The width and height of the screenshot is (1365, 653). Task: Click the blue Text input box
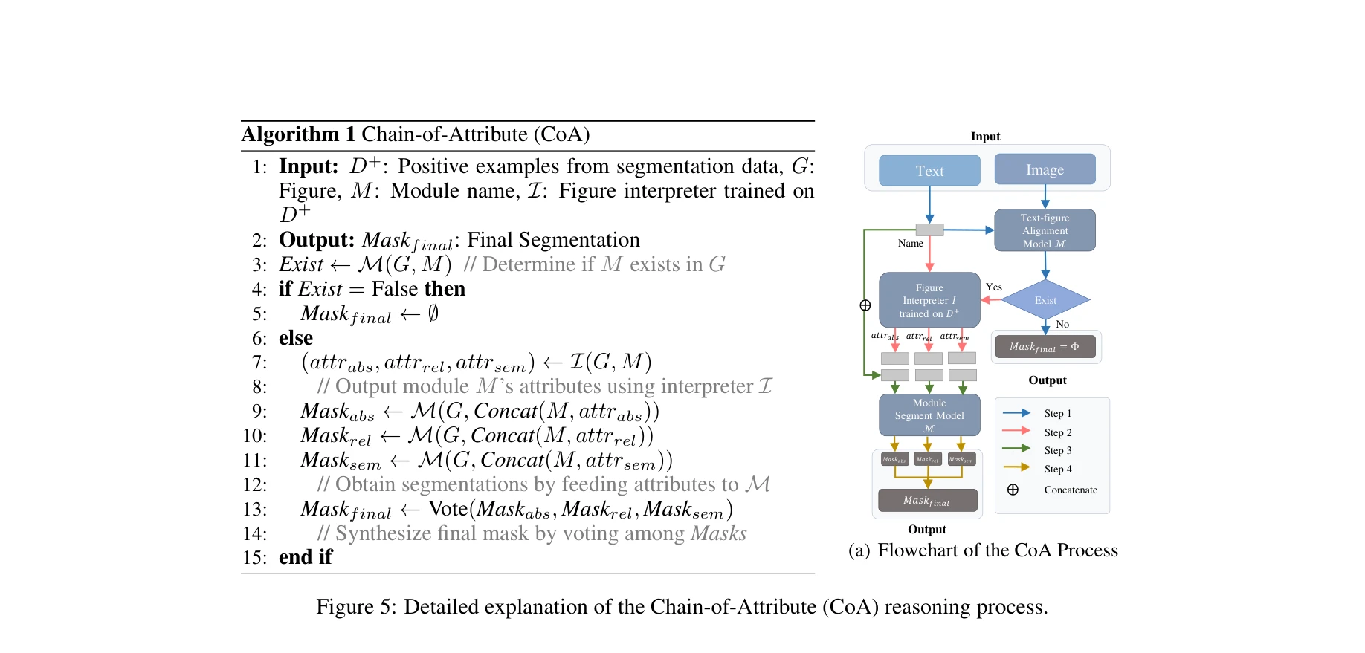[x=929, y=171]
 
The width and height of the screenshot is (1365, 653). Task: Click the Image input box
[x=1045, y=169]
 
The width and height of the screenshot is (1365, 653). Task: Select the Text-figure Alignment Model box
[x=1045, y=230]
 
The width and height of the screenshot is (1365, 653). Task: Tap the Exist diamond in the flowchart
[x=1045, y=300]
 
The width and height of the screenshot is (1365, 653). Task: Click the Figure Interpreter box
[x=929, y=300]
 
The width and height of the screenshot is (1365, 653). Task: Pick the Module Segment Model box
[x=929, y=415]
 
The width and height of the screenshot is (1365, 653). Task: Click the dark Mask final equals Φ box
[x=1045, y=347]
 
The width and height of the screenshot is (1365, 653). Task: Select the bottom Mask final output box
[x=927, y=501]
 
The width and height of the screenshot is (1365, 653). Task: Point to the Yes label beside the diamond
[x=994, y=287]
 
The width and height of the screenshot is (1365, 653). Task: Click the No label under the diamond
[x=1062, y=324]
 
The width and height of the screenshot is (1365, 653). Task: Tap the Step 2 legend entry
[x=1058, y=432]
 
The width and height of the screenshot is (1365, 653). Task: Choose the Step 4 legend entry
[x=1058, y=469]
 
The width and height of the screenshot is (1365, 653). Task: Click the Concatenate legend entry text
[x=1071, y=490]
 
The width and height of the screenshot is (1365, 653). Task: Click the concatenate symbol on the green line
[x=865, y=305]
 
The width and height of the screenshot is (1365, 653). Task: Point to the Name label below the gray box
[x=910, y=243]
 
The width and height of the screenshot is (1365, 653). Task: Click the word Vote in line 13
[x=448, y=509]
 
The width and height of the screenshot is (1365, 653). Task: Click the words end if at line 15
[x=306, y=557]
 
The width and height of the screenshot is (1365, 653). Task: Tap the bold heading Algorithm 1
[x=298, y=134]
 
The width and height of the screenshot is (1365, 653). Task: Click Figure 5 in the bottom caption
[x=356, y=607]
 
